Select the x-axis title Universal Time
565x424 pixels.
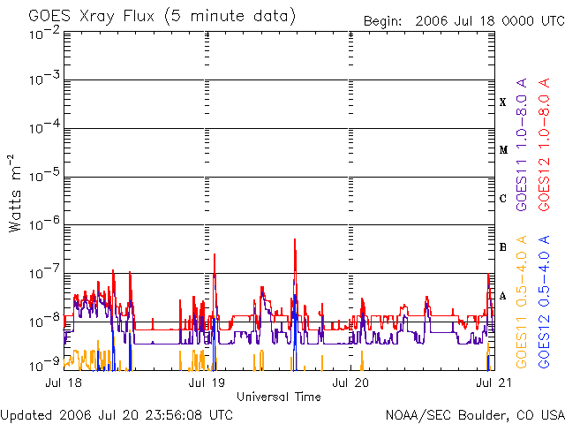coord(278,397)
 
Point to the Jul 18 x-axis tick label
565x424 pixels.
coord(64,384)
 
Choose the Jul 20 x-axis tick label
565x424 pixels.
coord(351,384)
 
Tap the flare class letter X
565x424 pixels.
coord(503,102)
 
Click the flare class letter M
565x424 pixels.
coord(503,150)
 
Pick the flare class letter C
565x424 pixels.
coord(503,199)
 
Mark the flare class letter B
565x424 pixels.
coord(503,247)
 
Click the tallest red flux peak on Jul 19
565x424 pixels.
coord(294,240)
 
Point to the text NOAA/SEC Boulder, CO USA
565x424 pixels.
coord(474,414)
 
